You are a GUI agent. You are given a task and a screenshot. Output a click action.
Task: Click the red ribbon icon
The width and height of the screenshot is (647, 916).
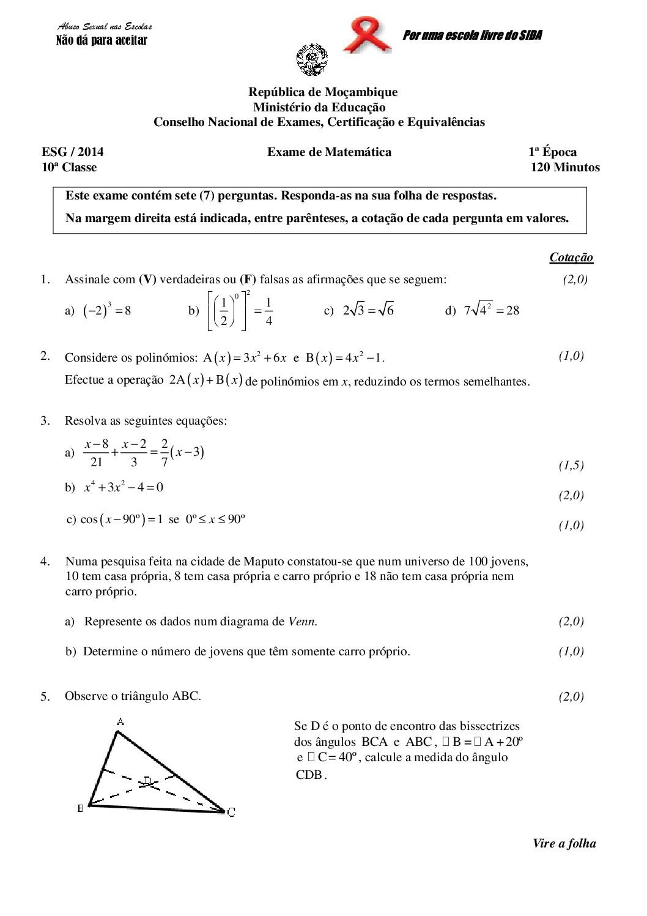367,35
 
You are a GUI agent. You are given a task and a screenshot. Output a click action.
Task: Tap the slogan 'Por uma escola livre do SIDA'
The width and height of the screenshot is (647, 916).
472,35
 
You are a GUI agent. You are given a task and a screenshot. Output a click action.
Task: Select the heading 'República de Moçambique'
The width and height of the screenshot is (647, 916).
323,92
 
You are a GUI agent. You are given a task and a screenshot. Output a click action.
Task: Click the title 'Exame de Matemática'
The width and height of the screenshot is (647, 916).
329,152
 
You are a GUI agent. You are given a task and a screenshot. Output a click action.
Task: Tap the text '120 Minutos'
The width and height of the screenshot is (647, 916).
565,168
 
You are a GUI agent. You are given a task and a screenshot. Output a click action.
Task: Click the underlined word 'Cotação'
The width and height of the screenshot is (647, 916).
571,258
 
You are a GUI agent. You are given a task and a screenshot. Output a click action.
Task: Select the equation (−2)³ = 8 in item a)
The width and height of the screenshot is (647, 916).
106,310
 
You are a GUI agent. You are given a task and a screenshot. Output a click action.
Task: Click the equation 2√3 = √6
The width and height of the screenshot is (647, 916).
368,310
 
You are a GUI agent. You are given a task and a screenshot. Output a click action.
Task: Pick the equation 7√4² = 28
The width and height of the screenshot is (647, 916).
491,310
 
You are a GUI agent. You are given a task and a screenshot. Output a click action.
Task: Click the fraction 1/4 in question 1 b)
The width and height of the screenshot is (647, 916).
269,311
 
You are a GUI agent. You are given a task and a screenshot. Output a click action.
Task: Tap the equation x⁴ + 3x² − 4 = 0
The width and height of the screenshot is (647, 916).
124,488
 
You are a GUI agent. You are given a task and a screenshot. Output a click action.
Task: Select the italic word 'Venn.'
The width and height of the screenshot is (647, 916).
303,622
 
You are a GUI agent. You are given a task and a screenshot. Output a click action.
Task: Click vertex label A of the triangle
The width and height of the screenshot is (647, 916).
120,721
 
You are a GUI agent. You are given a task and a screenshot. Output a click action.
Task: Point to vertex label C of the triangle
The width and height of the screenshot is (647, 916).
231,813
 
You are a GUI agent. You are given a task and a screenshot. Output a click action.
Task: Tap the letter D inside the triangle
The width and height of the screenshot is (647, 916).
147,781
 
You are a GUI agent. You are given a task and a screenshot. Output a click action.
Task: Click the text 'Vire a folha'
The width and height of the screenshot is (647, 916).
564,844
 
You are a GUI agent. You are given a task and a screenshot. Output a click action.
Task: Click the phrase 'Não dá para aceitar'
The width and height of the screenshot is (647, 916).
102,41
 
